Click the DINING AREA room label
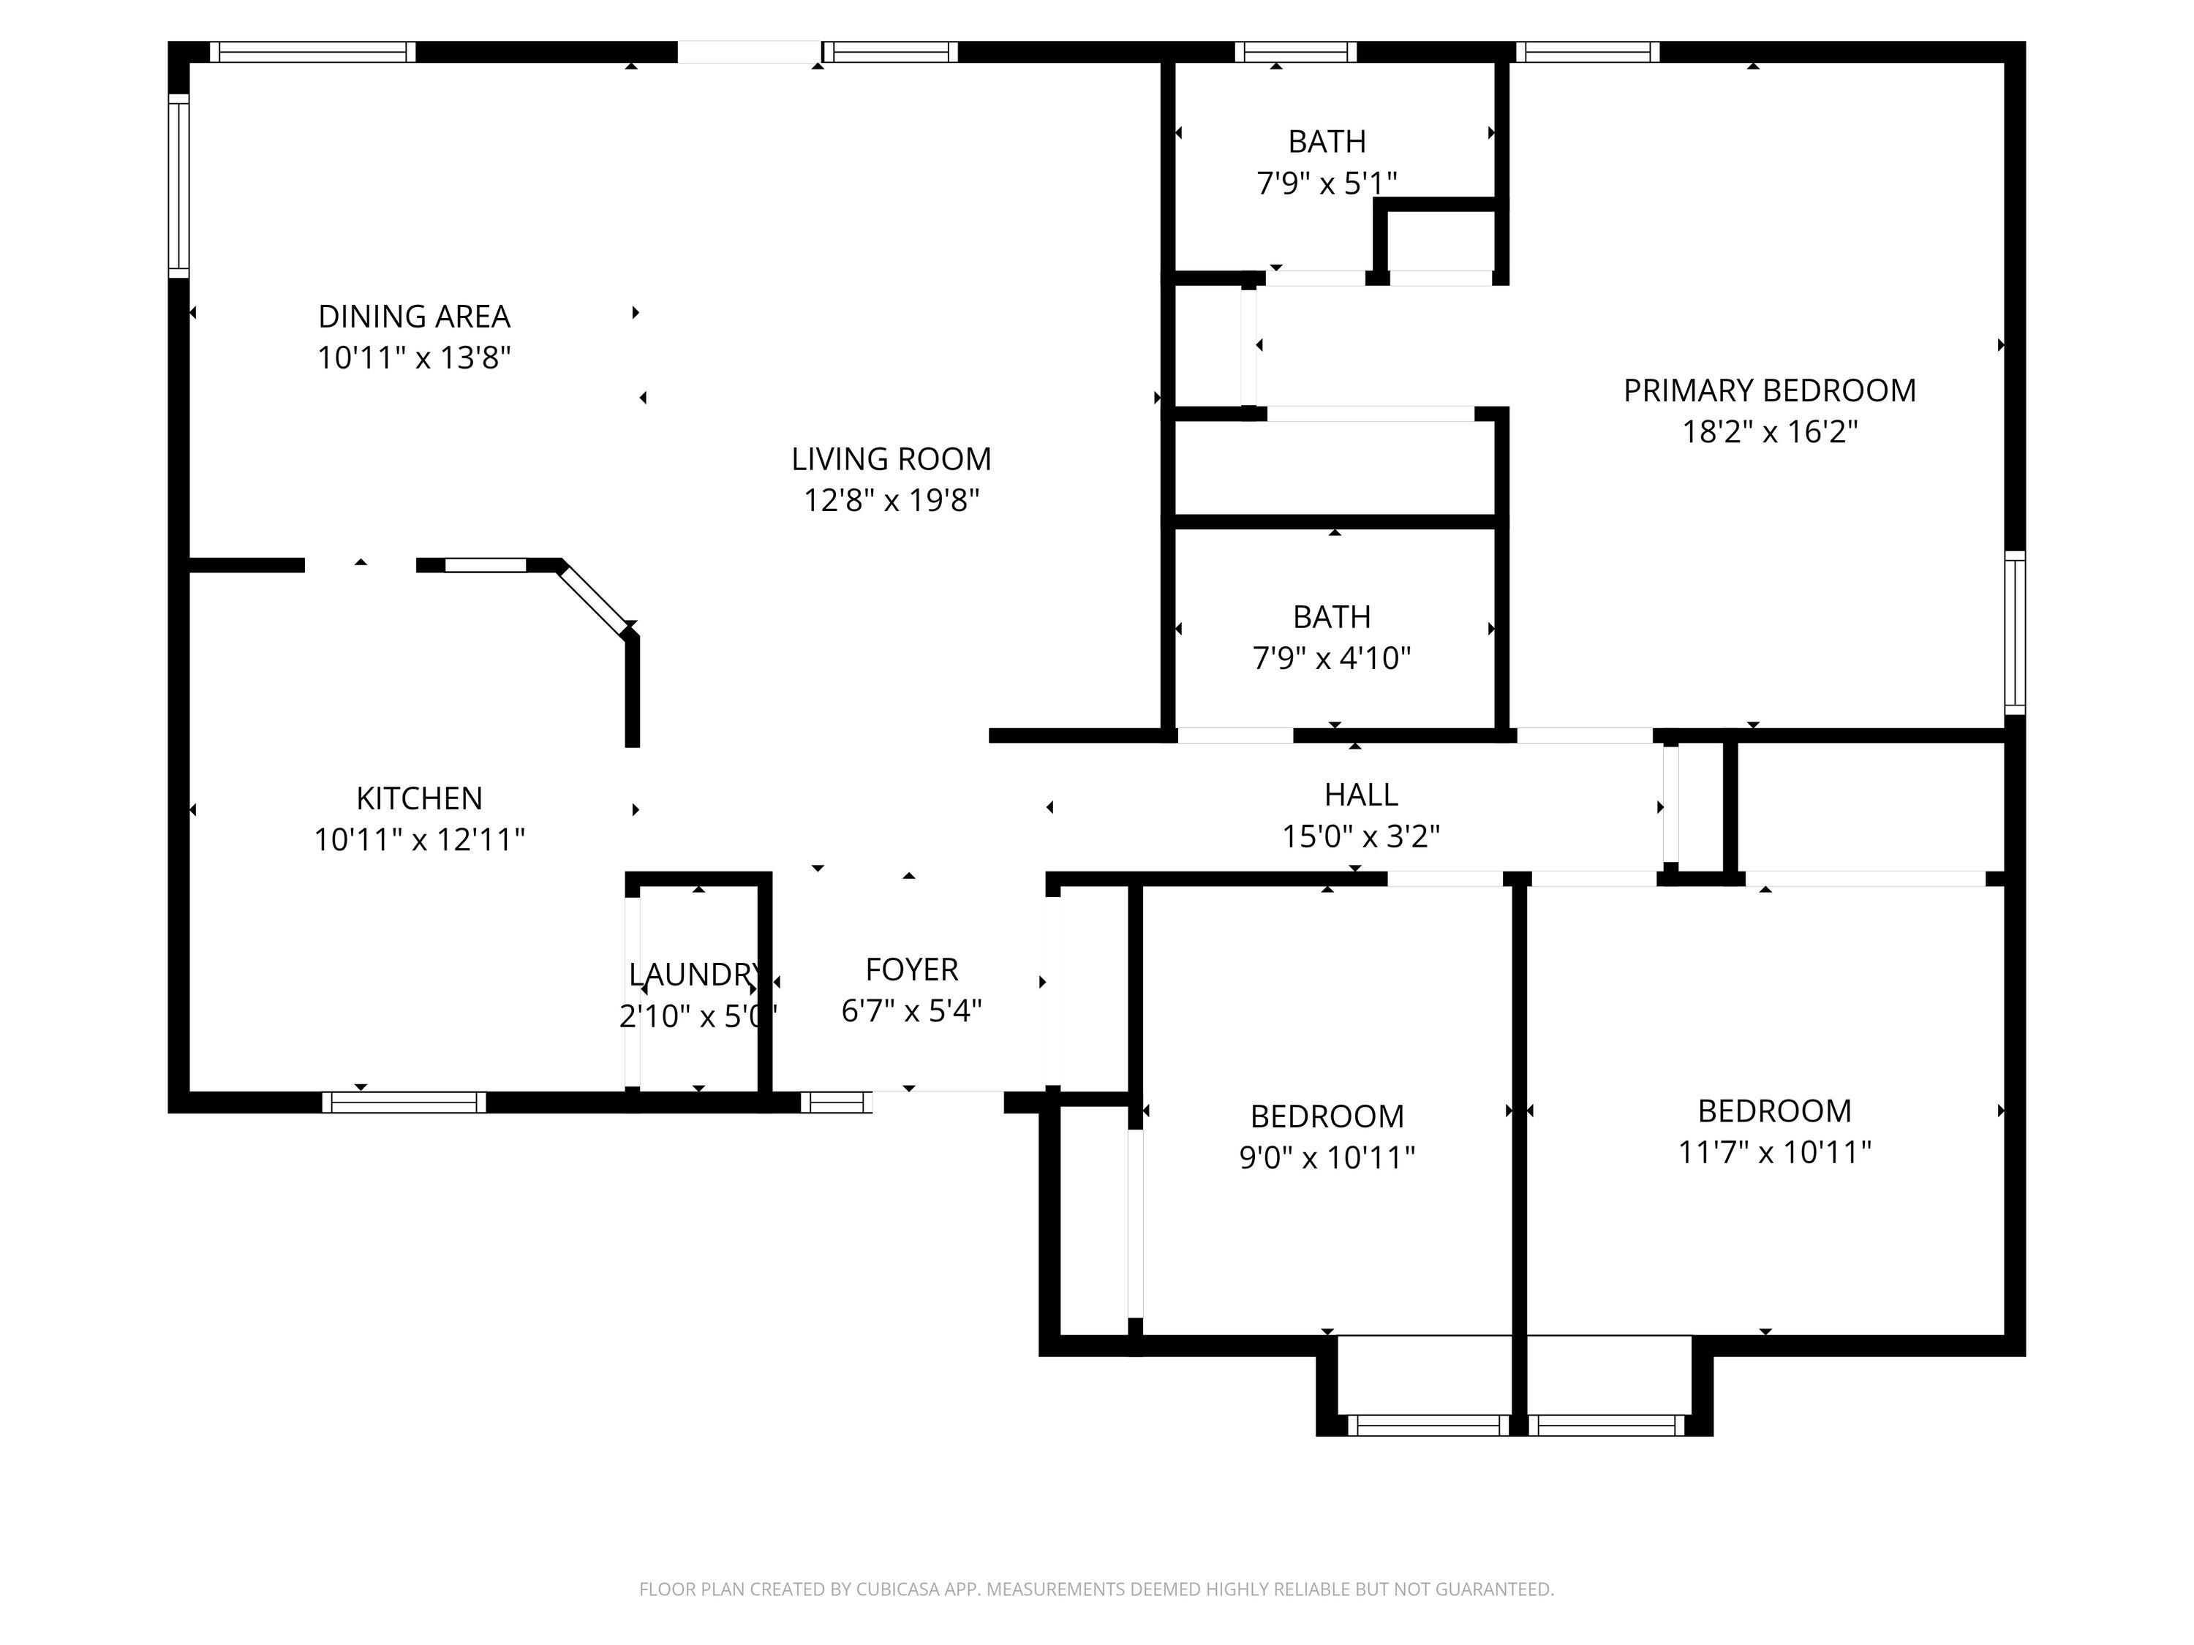[414, 317]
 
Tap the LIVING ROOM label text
[891, 459]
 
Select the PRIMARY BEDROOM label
[1770, 390]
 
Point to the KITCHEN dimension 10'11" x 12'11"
[420, 840]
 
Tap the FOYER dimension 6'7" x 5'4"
[911, 1010]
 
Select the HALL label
[1361, 794]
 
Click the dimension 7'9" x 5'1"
[1327, 184]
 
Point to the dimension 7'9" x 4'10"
[1332, 659]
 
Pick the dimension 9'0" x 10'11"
[1327, 1157]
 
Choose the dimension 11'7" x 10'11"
[1774, 1152]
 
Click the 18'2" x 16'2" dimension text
[1770, 432]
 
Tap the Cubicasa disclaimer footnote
[1096, 1589]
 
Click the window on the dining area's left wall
[178, 186]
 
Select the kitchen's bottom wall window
[404, 1103]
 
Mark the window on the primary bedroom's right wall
[2015, 632]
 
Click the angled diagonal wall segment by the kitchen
[594, 598]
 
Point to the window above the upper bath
[1295, 52]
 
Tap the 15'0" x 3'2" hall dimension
[1361, 837]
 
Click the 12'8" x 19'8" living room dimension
[891, 501]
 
